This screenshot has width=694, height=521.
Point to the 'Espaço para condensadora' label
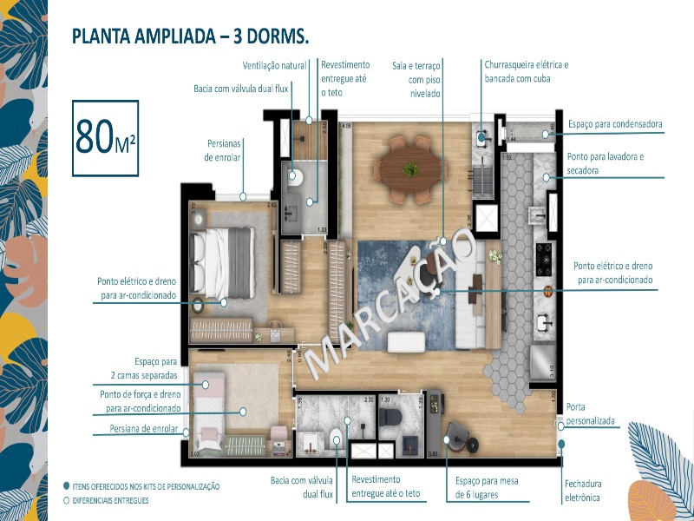615,124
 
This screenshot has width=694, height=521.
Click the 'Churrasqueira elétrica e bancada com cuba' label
526,71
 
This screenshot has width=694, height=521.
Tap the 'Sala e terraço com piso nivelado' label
417,78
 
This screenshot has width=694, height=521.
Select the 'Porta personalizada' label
590,413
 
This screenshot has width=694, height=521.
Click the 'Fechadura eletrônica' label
583,490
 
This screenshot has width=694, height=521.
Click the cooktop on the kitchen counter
545,255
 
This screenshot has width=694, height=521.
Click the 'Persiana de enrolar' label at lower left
144,429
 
